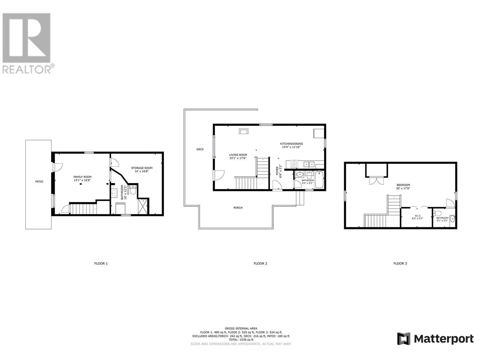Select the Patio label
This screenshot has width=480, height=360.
pyautogui.click(x=39, y=181)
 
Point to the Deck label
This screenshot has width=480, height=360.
pyautogui.click(x=200, y=149)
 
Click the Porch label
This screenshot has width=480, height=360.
pyautogui.click(x=238, y=208)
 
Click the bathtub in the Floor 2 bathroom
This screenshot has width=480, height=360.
pyautogui.click(x=319, y=179)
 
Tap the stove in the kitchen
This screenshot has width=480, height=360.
pyautogui.click(x=294, y=164)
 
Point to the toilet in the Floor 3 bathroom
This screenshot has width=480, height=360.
pyautogui.click(x=439, y=213)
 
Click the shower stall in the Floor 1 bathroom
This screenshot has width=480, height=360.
pyautogui.click(x=143, y=206)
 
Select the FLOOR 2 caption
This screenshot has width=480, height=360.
pyautogui.click(x=260, y=263)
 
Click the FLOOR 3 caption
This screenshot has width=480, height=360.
pyautogui.click(x=400, y=263)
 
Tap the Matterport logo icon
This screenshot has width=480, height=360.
pyautogui.click(x=404, y=339)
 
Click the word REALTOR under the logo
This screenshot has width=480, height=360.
pyautogui.click(x=27, y=70)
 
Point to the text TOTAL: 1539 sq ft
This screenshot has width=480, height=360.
pyautogui.click(x=241, y=340)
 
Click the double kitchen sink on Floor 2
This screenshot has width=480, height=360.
pyautogui.click(x=309, y=164)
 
